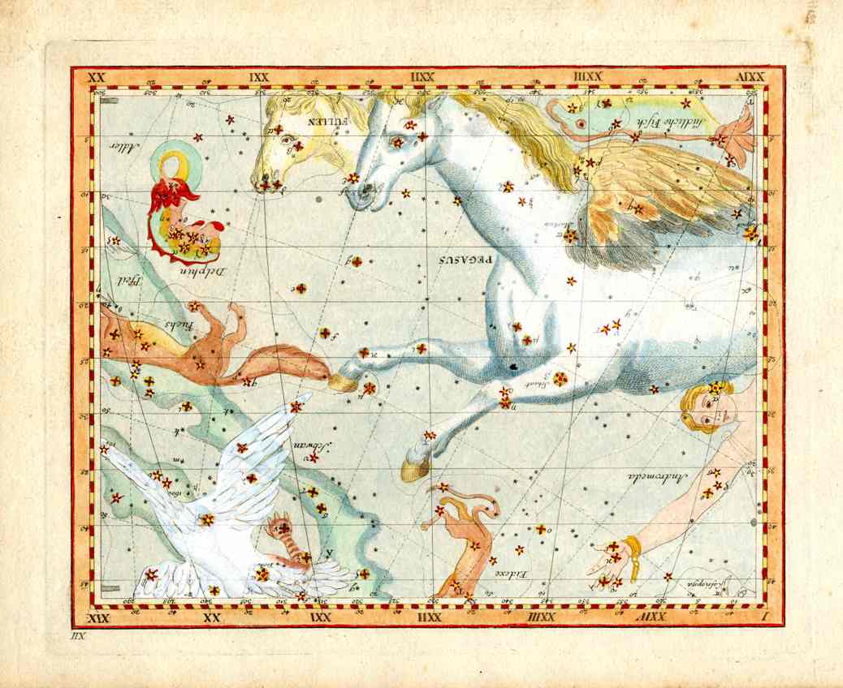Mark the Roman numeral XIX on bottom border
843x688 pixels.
[x=97, y=619]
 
